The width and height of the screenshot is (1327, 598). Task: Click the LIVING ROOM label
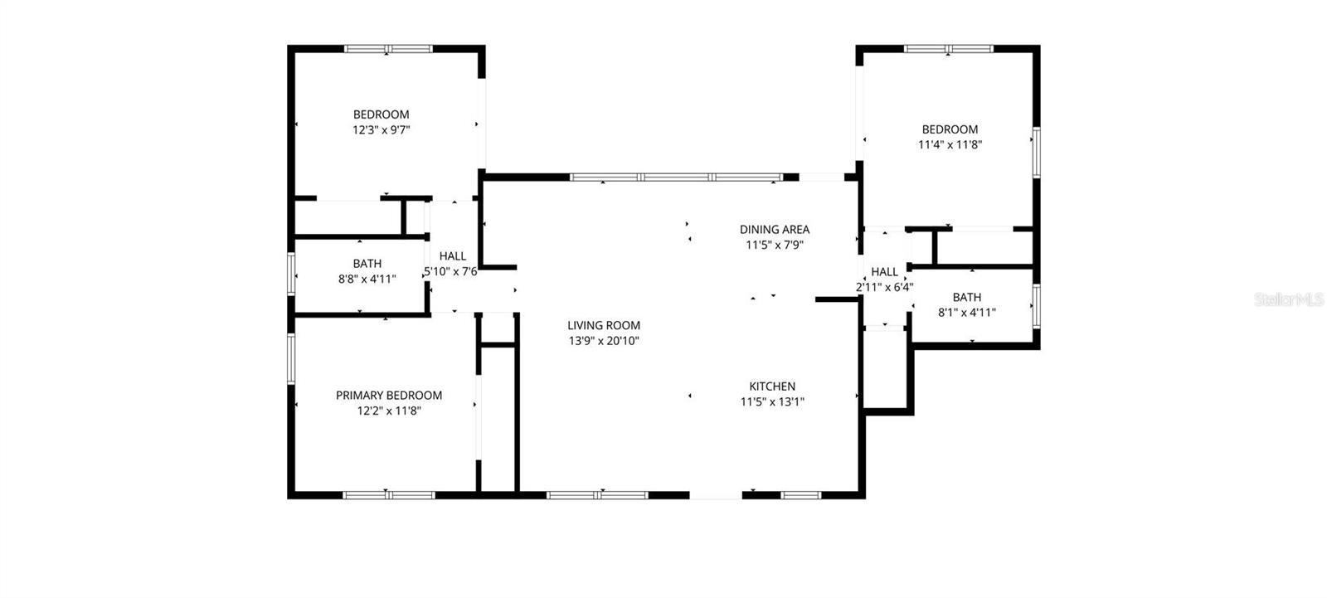coord(604,326)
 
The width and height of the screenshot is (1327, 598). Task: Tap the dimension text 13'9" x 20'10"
coord(604,341)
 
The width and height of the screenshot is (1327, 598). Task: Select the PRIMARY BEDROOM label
coord(388,396)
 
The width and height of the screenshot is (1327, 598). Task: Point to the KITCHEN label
coord(772,387)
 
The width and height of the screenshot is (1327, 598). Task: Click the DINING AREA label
coord(775,230)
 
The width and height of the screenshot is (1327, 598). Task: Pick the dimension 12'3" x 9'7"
coord(382,130)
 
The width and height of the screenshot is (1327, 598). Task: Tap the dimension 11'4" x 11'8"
coord(950,144)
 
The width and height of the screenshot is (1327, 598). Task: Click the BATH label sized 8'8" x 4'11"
coord(367,264)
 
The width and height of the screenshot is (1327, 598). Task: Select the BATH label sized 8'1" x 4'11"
coord(967,297)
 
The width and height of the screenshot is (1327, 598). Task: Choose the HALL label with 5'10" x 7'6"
coord(453,256)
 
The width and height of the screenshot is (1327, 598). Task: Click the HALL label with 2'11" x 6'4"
coord(884,272)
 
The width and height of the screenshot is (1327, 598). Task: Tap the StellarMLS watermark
coord(1289,299)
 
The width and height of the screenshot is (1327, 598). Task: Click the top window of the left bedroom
coord(388,49)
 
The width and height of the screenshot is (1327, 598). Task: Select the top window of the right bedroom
coord(949,49)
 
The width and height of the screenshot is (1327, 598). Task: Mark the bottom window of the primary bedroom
coord(389,495)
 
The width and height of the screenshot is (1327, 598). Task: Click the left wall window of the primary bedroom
coord(291,358)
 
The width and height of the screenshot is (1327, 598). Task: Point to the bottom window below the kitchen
coord(801,495)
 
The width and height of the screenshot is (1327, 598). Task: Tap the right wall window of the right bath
coord(1036,304)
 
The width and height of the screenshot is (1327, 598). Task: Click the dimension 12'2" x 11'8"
coord(389,411)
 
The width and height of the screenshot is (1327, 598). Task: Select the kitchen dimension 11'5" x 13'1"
coord(772,402)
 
